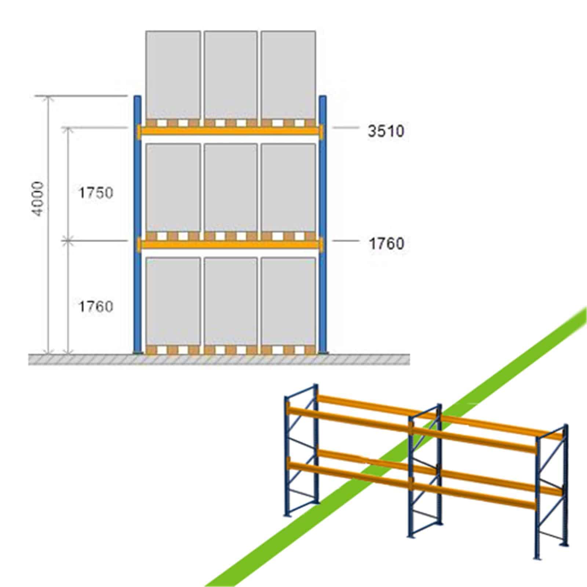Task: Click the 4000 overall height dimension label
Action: point(39,198)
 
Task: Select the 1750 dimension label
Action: point(96,193)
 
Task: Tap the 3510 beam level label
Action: point(386,131)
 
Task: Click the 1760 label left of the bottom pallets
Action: point(96,306)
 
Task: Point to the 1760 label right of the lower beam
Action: point(386,244)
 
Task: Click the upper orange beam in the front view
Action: point(230,131)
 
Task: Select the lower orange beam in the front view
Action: point(230,244)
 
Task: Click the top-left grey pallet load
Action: point(173,75)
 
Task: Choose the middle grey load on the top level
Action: point(230,75)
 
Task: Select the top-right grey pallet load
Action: point(288,75)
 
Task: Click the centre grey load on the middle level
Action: point(230,188)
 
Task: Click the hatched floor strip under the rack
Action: point(219,360)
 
